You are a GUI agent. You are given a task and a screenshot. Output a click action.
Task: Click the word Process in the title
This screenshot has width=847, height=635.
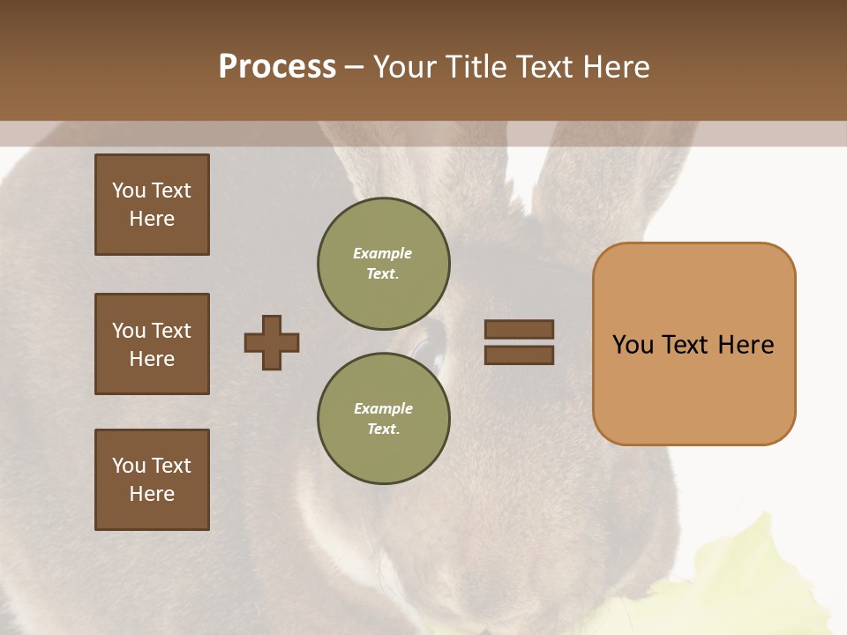(x=277, y=67)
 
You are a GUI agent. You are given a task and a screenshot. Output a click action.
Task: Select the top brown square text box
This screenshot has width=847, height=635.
(x=152, y=205)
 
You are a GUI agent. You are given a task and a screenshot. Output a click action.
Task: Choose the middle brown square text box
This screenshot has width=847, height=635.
(x=152, y=344)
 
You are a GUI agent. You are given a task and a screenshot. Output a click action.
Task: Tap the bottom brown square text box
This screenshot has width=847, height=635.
(x=152, y=480)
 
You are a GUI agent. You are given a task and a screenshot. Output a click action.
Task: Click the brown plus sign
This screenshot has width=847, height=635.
(x=272, y=342)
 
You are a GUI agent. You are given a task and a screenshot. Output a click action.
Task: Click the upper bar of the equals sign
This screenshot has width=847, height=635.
(x=519, y=329)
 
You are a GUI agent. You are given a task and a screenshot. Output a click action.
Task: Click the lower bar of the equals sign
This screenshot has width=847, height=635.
(x=519, y=355)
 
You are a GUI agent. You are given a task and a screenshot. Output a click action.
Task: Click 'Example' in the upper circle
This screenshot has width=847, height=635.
(x=382, y=253)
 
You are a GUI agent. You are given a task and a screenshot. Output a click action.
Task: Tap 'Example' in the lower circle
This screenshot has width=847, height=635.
(x=383, y=408)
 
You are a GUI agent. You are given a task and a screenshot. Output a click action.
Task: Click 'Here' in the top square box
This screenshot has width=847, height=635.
(x=152, y=219)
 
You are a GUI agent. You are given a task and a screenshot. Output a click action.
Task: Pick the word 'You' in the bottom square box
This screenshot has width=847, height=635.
(x=129, y=466)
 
